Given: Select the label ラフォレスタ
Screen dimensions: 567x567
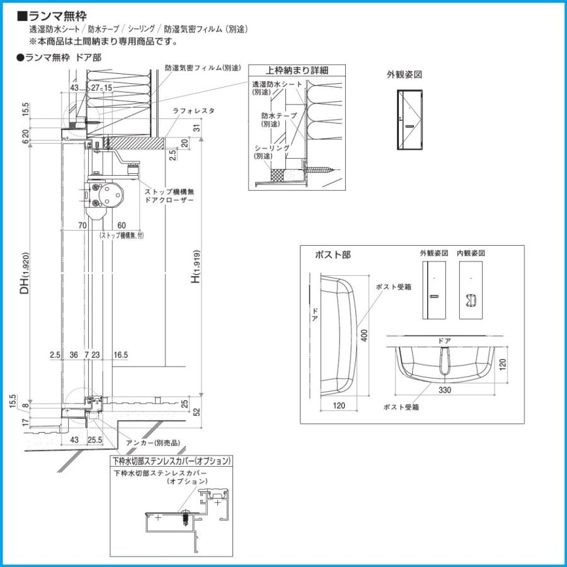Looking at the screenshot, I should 193,110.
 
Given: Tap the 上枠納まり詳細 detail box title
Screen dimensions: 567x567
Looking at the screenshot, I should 289,71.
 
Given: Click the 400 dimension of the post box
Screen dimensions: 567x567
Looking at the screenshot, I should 364,336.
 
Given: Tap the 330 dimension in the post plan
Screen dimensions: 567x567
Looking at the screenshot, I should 445,389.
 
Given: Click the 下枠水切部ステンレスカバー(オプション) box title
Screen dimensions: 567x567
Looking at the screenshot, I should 171,461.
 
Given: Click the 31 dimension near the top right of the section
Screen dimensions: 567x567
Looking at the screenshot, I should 196,129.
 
